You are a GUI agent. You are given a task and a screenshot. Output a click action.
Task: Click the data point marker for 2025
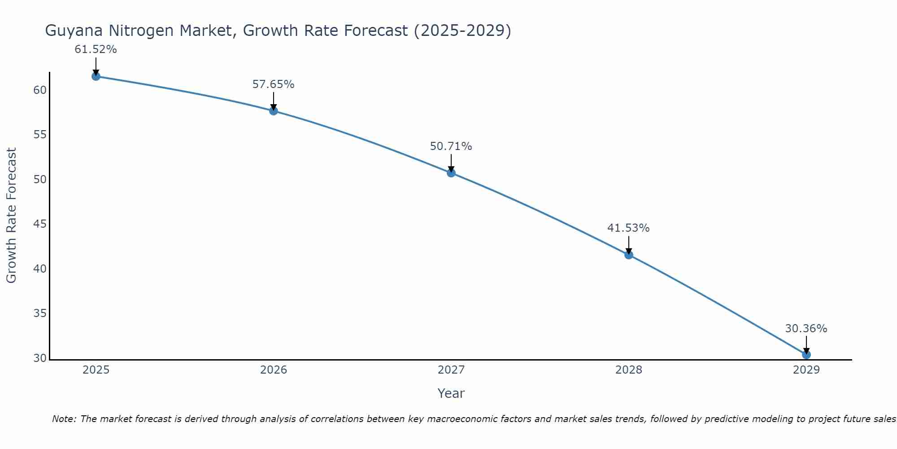tap(96, 76)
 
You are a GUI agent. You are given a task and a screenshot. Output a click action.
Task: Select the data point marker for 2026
tap(274, 111)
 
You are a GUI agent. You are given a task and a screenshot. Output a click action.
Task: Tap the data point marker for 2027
tap(451, 173)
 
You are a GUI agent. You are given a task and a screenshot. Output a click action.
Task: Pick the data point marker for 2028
tap(629, 255)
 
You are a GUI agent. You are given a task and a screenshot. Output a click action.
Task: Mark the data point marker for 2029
tap(806, 355)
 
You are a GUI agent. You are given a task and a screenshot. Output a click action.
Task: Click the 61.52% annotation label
tap(96, 49)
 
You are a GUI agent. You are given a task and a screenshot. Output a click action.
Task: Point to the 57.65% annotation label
tap(273, 84)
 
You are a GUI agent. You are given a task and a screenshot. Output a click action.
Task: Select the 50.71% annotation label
tap(451, 146)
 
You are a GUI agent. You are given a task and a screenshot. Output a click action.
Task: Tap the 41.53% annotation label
tap(628, 228)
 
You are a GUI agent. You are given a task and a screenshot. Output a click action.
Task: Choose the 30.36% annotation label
tap(806, 329)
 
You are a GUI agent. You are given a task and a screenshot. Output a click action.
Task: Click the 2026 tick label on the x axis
tap(274, 370)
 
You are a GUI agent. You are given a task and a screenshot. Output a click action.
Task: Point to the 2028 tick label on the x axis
tap(629, 370)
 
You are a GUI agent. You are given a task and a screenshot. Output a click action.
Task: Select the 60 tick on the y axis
tap(40, 90)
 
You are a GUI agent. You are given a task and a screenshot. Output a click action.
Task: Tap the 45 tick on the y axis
tap(40, 224)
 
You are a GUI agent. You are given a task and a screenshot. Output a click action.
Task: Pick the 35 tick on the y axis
tap(40, 313)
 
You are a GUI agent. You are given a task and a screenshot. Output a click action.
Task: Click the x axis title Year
tap(451, 393)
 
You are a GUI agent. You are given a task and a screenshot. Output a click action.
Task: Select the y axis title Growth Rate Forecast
tap(11, 215)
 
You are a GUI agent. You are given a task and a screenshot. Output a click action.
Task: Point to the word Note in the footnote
tap(64, 419)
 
